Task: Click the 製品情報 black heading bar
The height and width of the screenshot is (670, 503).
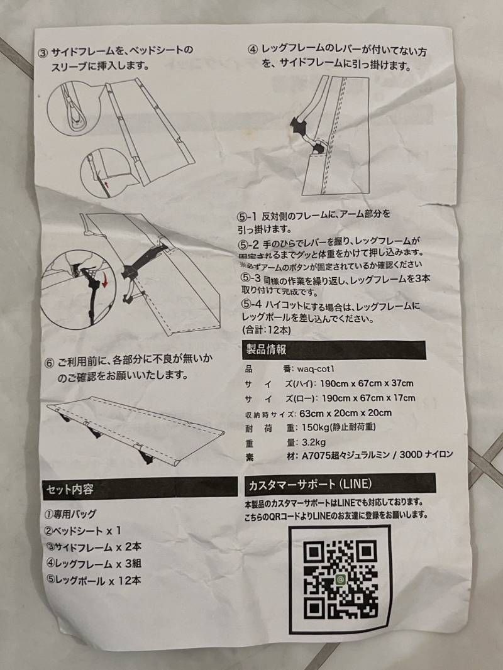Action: click(333, 350)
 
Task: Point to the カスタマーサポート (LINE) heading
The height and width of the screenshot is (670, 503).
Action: click(333, 485)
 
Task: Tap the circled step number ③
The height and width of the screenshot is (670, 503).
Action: click(43, 52)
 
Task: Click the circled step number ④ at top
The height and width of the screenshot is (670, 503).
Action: click(253, 48)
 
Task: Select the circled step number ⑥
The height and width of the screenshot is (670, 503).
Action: click(48, 363)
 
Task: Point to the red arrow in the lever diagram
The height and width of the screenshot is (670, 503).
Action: click(104, 283)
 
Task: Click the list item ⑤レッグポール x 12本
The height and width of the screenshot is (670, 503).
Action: click(92, 579)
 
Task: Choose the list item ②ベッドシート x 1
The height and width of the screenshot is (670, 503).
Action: click(82, 530)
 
